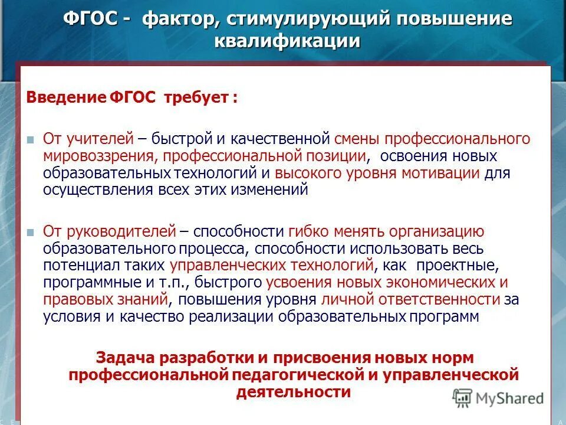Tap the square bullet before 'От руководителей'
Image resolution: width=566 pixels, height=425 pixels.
[x=31, y=232]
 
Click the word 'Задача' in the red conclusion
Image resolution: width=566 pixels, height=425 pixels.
[x=125, y=358]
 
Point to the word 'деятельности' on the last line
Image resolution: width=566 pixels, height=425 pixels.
[x=294, y=392]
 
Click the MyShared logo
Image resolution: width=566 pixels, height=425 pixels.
[x=499, y=397]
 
